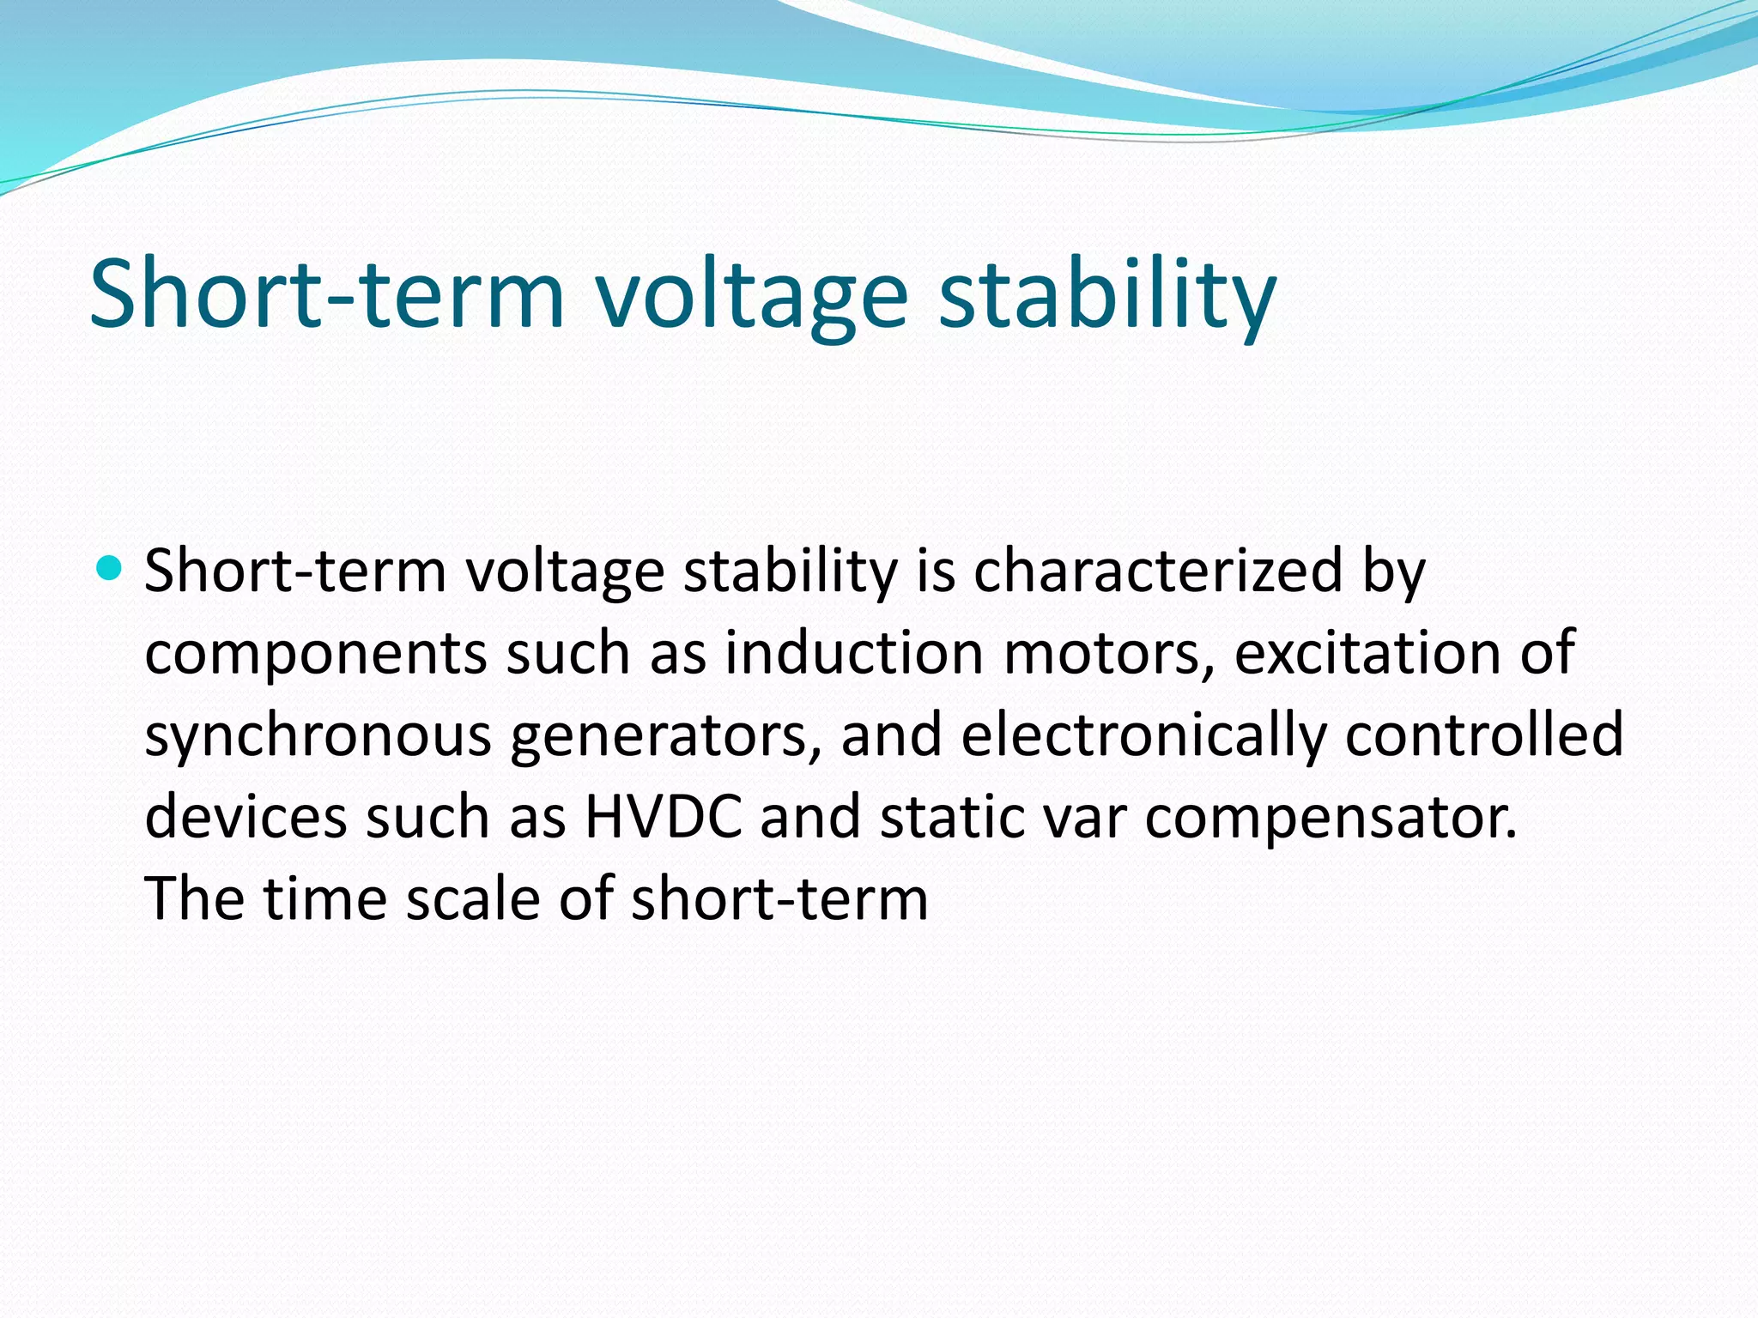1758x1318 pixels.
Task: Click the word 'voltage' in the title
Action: [751, 296]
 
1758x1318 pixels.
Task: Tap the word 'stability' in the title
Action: [1107, 296]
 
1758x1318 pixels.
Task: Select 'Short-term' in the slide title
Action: [326, 296]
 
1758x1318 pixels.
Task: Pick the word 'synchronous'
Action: [318, 736]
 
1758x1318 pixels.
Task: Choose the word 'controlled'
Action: [1483, 736]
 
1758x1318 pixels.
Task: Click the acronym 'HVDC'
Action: [664, 817]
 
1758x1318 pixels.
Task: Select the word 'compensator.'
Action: [1331, 817]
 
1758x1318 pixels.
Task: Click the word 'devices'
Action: [246, 817]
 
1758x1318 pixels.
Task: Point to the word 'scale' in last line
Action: [472, 899]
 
